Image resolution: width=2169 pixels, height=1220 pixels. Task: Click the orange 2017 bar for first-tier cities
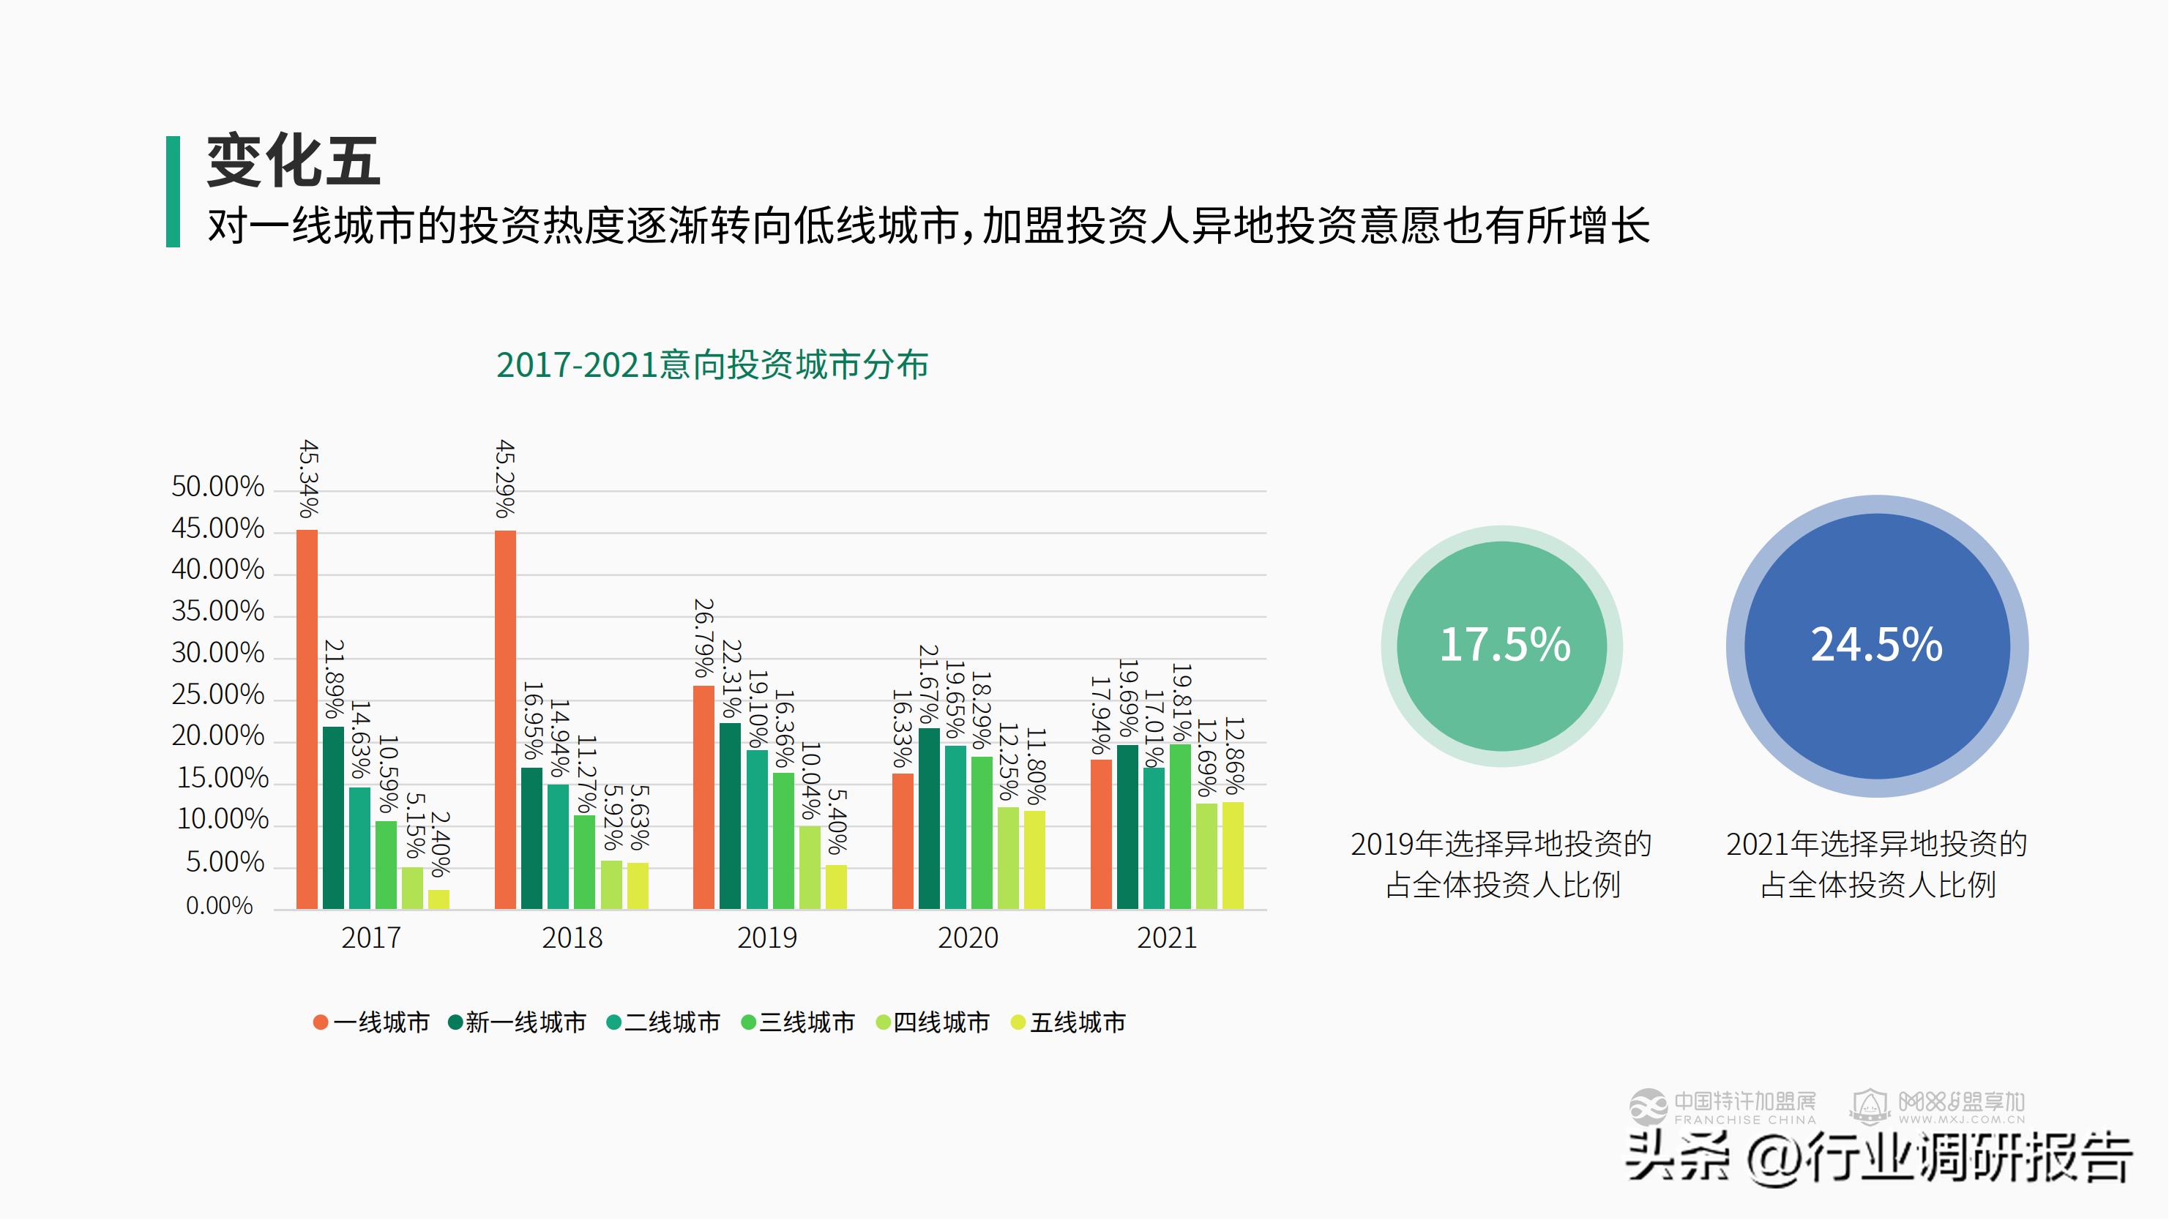(307, 720)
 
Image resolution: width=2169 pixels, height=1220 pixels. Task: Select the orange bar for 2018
(505, 720)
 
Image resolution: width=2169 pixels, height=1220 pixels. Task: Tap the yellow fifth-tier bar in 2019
(836, 888)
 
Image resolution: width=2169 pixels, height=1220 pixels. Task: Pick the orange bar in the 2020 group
(903, 841)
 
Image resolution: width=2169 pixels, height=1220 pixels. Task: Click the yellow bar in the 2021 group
(1233, 856)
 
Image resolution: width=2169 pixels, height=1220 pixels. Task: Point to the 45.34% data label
(309, 478)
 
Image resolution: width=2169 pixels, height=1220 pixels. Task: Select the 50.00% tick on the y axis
(217, 487)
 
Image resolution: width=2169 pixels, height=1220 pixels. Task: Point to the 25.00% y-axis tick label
(217, 695)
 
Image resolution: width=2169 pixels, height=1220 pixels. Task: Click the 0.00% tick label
(219, 906)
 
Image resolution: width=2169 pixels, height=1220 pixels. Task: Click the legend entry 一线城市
(371, 1023)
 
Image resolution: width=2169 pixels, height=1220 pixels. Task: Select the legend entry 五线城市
(1069, 1023)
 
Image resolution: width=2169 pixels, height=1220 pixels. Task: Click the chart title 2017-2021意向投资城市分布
(712, 365)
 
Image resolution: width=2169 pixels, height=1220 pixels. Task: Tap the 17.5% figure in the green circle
(1504, 645)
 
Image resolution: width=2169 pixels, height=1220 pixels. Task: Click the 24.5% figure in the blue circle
(1877, 645)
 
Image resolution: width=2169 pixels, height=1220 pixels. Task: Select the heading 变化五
(293, 162)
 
